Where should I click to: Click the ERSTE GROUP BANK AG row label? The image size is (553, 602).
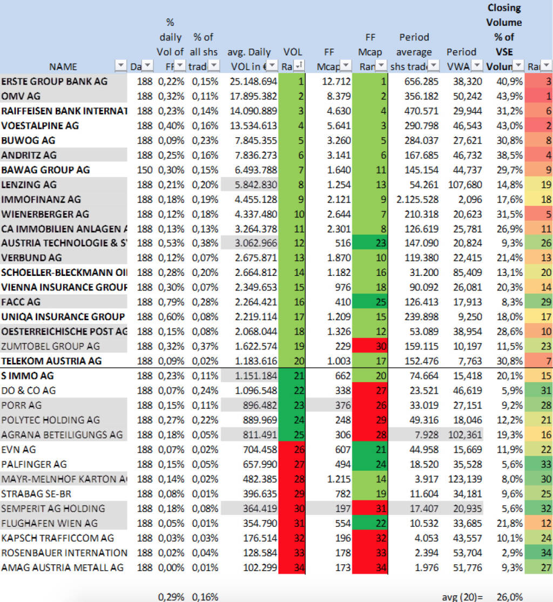(x=55, y=82)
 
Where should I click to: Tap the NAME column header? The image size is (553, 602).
(x=63, y=67)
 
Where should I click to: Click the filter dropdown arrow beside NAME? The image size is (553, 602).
(x=120, y=66)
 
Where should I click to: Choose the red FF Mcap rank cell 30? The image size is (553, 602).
(x=370, y=346)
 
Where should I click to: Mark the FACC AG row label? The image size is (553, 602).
(x=21, y=302)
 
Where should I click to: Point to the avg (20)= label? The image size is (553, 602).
(x=463, y=597)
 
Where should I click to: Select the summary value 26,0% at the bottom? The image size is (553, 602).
(x=510, y=597)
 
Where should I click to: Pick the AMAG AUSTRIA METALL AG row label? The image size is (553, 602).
(x=62, y=567)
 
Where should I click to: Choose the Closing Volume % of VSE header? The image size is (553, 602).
(x=504, y=37)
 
